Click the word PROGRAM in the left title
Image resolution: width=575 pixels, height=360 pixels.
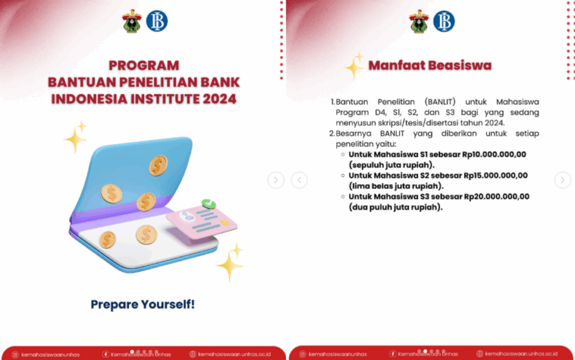144,66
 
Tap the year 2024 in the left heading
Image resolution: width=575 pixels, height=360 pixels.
220,99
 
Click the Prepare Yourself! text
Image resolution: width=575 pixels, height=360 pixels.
143,304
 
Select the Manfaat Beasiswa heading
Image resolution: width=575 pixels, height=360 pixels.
430,65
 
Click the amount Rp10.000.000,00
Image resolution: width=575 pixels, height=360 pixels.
494,154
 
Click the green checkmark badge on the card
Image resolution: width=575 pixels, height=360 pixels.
208,203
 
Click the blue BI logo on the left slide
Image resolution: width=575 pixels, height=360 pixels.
157,21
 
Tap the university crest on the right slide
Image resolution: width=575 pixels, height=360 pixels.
419,21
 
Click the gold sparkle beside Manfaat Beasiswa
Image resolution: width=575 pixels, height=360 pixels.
354,66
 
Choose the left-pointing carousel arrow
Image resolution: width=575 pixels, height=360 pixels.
299,180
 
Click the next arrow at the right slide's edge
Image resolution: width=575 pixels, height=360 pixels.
563,180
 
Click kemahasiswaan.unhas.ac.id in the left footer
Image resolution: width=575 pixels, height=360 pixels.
234,354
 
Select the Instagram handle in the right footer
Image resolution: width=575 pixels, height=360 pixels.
337,354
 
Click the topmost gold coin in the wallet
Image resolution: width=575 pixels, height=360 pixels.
158,165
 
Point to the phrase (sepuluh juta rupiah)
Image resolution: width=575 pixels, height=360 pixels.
391,165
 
